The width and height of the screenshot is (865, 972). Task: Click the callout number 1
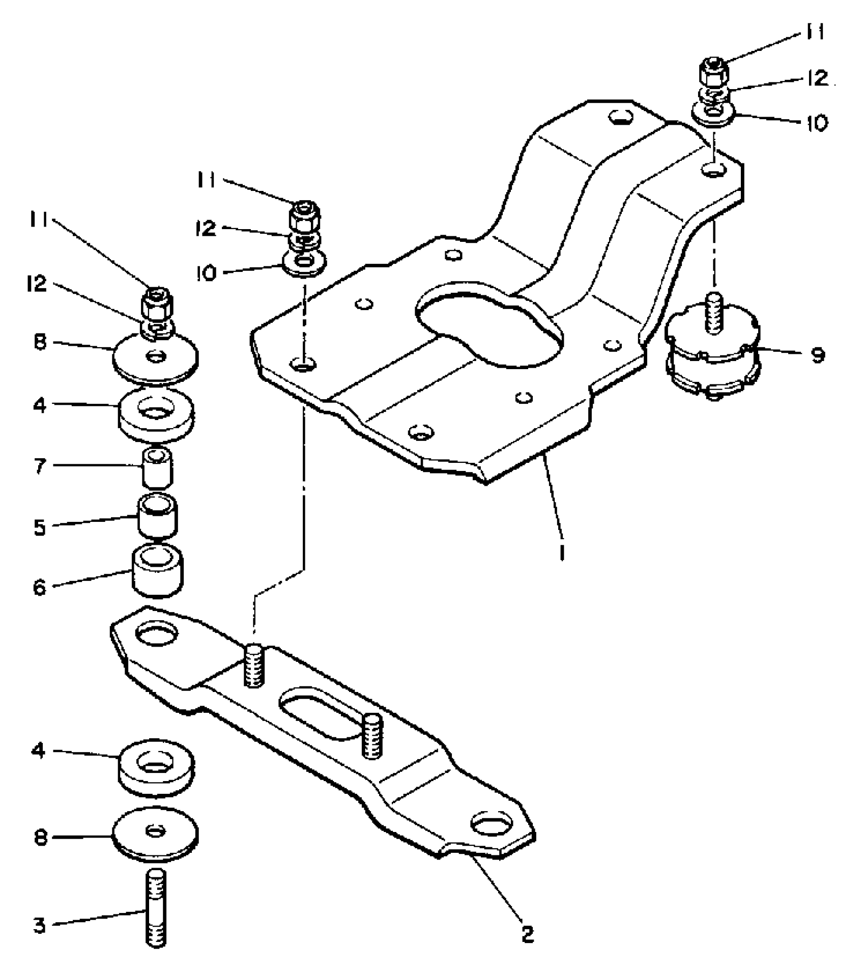[562, 552]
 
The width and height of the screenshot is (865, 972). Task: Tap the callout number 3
[40, 925]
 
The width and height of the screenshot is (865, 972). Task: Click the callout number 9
[818, 355]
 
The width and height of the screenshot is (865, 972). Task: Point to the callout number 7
[40, 466]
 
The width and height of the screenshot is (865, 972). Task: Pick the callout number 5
[40, 527]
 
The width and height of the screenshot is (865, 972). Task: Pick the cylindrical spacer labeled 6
[158, 571]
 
